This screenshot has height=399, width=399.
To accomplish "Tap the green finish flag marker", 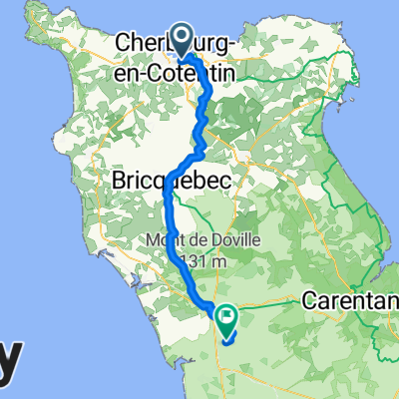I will (x=225, y=320).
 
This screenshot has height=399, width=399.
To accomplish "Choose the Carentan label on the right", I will (x=349, y=300).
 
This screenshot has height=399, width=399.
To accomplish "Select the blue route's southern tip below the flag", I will (x=226, y=341).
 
